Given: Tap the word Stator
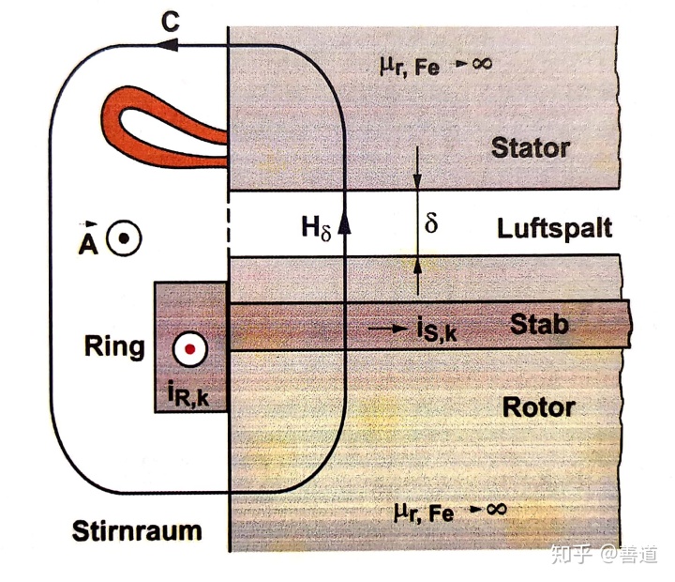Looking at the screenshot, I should tap(530, 147).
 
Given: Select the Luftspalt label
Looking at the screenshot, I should tap(556, 228).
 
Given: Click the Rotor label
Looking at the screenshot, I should tap(538, 408).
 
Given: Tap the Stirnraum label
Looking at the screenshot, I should tap(137, 530).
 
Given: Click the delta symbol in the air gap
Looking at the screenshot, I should tap(430, 226).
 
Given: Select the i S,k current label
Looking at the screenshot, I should tap(433, 331).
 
